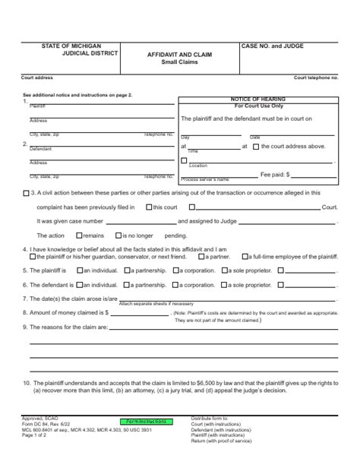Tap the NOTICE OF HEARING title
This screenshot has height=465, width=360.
coord(257,100)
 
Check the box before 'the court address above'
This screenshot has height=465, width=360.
coord(256,146)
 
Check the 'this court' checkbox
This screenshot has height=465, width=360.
coord(148,207)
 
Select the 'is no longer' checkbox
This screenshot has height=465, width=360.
coord(119,236)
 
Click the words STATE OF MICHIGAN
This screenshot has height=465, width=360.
coord(71,46)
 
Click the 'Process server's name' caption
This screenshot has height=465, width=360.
coord(205,179)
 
